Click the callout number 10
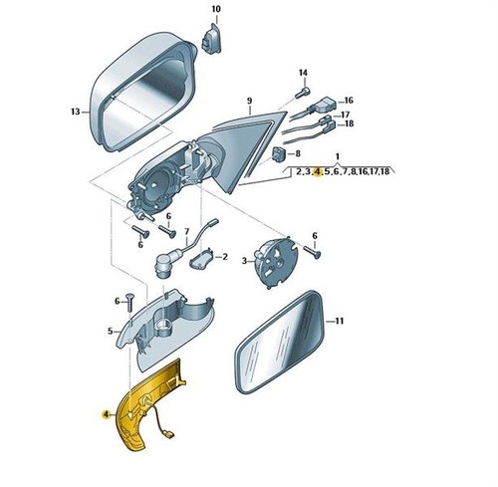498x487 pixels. tap(216, 9)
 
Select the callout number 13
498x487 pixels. tap(76, 112)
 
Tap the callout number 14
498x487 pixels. tap(303, 73)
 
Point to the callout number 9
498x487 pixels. tap(250, 101)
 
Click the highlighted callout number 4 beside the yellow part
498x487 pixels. tap(107, 414)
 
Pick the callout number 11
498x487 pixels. tap(339, 321)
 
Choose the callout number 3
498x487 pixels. tap(245, 261)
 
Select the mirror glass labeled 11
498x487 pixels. tap(279, 343)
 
